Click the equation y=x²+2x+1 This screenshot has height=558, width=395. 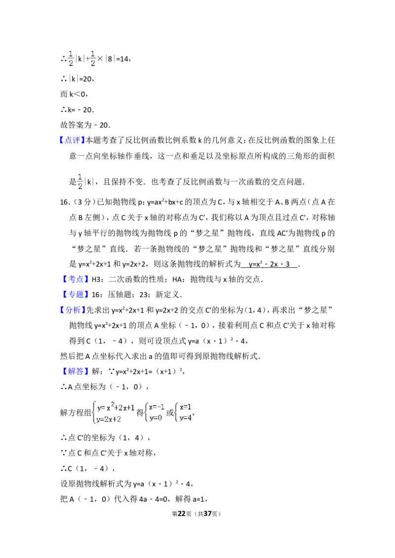point(116,408)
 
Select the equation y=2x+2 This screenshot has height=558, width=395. point(109,419)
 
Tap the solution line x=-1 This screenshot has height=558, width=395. point(157,407)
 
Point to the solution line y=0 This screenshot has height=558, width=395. point(156,418)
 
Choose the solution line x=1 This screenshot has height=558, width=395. point(186,407)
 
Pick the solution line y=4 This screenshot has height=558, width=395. point(186,418)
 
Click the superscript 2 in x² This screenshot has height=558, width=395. point(112,405)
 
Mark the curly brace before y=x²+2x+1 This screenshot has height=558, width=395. point(94,413)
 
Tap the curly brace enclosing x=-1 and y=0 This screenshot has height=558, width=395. point(146,413)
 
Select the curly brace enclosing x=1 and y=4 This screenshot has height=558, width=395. point(177,413)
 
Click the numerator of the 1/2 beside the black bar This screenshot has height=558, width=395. point(80,176)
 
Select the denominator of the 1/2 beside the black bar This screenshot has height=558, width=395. point(80,186)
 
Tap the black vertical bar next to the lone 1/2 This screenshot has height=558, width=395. point(85,182)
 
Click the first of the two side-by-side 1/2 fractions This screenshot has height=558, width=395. point(71,57)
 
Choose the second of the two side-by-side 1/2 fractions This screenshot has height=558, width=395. point(93,57)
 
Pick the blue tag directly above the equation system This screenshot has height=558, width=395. point(77,372)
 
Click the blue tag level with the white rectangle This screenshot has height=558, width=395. point(77,279)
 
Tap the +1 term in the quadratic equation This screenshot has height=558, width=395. point(130,408)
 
